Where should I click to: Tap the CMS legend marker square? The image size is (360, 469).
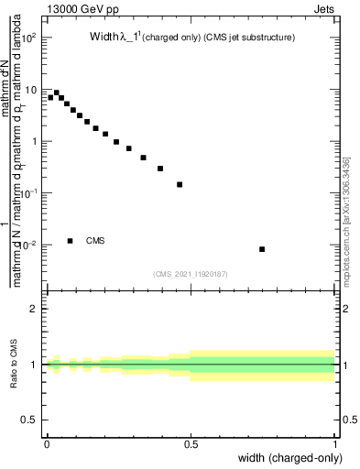pos(71,241)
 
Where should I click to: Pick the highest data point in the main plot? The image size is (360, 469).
pos(57,93)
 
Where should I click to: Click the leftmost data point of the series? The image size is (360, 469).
pos(50,97)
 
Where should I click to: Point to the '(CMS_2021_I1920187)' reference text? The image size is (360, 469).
pos(191,272)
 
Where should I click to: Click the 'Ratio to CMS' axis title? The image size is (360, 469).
pos(14,365)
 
